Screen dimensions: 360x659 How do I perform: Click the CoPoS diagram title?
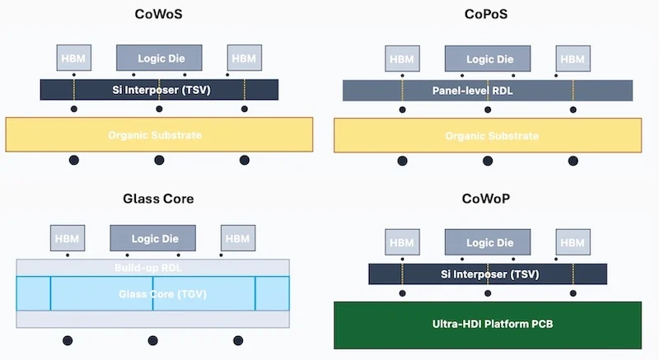click(x=489, y=13)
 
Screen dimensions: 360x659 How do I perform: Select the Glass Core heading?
click(x=158, y=199)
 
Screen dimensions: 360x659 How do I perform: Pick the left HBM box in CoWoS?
click(x=74, y=58)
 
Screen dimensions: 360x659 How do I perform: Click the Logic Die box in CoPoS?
click(x=488, y=58)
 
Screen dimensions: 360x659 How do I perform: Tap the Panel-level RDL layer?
click(x=488, y=91)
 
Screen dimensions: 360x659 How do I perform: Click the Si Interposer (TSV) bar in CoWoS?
click(x=159, y=89)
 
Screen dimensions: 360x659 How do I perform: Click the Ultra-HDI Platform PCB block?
click(x=488, y=325)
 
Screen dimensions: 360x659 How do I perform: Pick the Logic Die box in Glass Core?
click(x=152, y=238)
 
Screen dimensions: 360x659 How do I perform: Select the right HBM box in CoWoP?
click(x=572, y=243)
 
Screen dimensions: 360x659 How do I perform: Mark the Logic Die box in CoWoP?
click(x=488, y=243)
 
